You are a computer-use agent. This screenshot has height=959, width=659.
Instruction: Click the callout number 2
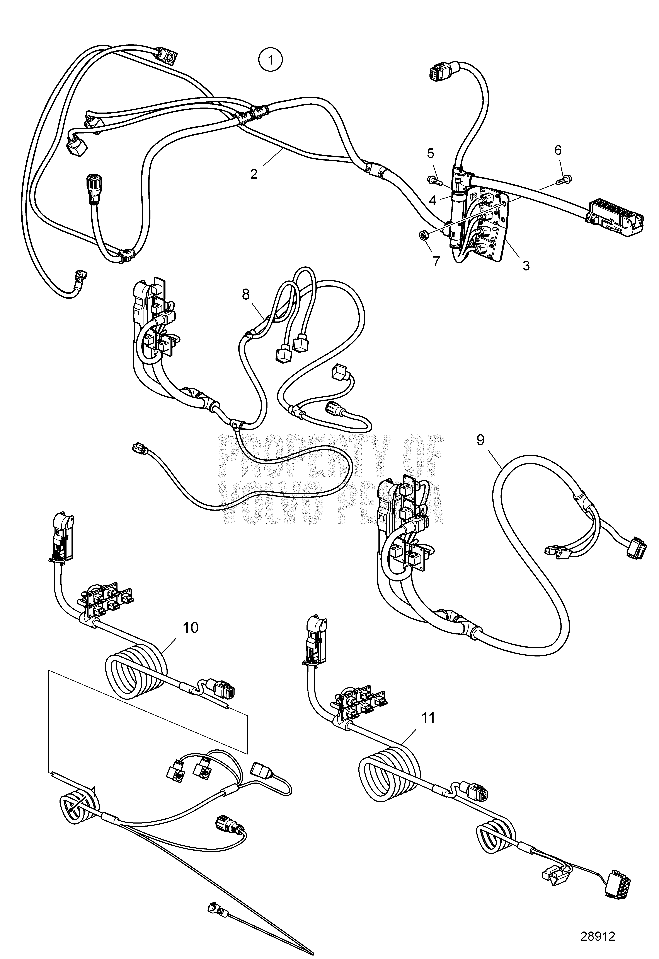pos(254,173)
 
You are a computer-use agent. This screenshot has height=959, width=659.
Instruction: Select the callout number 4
pos(432,201)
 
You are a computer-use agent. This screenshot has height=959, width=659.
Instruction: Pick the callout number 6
pos(558,150)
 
